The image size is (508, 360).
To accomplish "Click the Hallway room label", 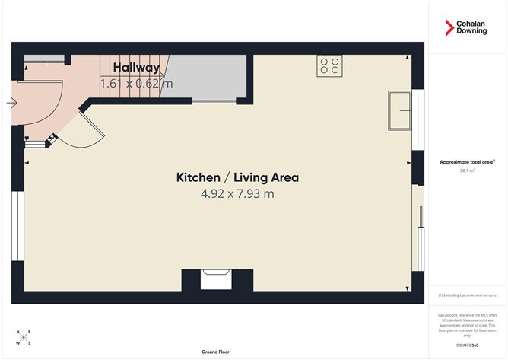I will (137, 68).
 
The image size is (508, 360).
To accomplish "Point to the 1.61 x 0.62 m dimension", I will (137, 84).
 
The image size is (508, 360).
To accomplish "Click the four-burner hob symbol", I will (330, 65).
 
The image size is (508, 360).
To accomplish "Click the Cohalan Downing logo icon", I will (449, 28).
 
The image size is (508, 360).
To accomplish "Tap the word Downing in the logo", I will (471, 33).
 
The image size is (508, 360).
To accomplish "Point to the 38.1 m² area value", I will (467, 170).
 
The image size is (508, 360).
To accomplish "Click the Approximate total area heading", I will (467, 161).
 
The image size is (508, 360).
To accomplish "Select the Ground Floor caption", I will (216, 352).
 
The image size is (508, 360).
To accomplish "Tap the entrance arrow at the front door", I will (12, 103).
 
